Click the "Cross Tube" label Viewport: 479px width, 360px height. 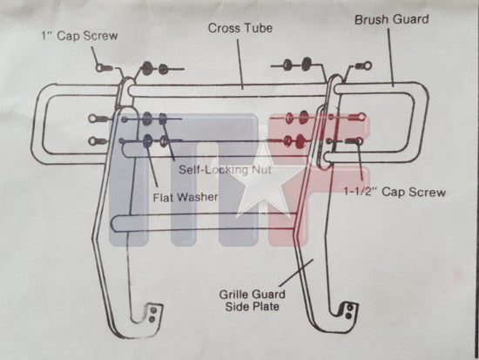(240, 28)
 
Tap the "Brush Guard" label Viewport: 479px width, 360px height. (391, 19)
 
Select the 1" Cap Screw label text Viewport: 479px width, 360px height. (79, 36)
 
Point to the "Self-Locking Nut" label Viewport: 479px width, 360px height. (225, 169)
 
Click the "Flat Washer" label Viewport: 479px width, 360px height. (186, 197)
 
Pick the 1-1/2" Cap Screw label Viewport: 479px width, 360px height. (395, 192)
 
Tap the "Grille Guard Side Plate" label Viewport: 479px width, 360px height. (252, 301)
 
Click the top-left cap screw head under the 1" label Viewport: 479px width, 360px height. (100, 67)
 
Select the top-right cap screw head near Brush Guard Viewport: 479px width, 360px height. (368, 65)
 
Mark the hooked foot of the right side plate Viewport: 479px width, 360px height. (344, 314)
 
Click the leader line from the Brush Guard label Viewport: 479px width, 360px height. (391, 58)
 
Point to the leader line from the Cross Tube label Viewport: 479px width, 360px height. (240, 64)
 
